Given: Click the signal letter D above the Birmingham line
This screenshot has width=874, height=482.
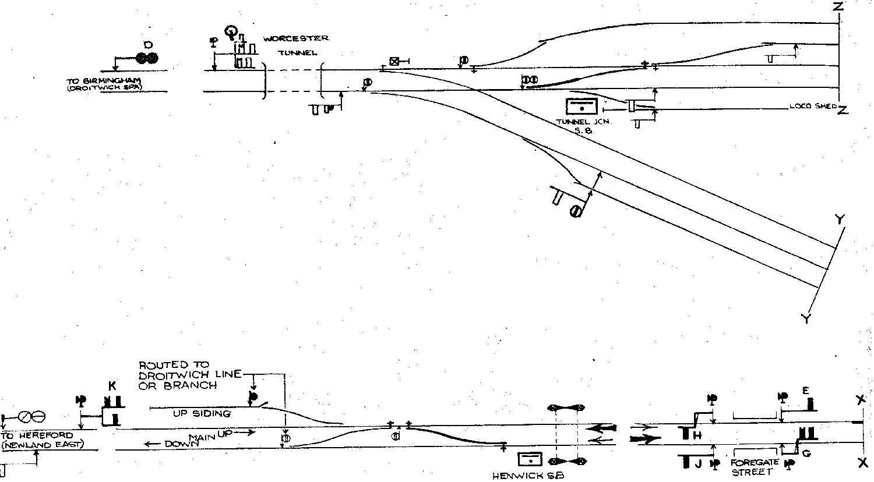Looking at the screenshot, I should [147, 44].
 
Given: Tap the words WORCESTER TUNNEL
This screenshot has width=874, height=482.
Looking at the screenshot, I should [295, 45].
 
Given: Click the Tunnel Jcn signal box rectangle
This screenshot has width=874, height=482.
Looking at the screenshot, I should [582, 107].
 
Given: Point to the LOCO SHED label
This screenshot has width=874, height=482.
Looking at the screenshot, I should [812, 107].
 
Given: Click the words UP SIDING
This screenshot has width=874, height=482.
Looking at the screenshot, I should [202, 413].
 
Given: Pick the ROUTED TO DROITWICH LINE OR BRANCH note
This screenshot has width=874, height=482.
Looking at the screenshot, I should [189, 375].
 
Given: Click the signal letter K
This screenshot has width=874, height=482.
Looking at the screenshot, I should [112, 386].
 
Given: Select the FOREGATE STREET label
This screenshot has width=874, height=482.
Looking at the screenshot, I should [755, 467].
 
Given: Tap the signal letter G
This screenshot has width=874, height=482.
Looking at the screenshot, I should [806, 453].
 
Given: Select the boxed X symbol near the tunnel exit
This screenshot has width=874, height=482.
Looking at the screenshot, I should [394, 61].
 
